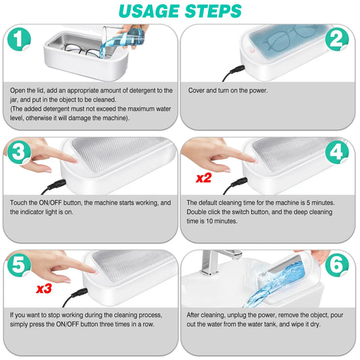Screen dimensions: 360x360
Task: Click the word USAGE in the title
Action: [x=145, y=11]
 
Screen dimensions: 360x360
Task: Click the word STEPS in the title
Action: [x=212, y=11]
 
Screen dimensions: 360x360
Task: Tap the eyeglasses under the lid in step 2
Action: [x=284, y=46]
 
